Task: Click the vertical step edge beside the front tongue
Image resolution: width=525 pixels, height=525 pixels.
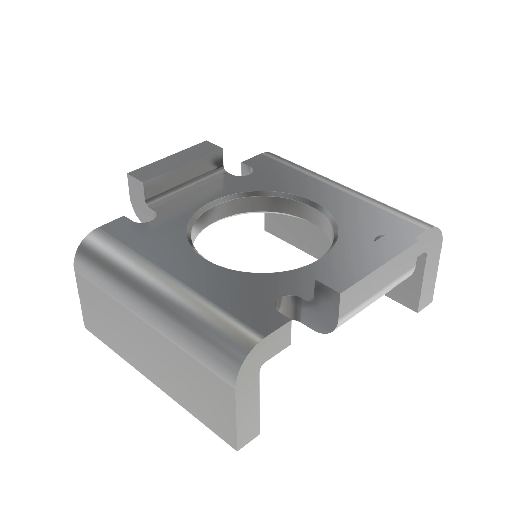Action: [x=315, y=289]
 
